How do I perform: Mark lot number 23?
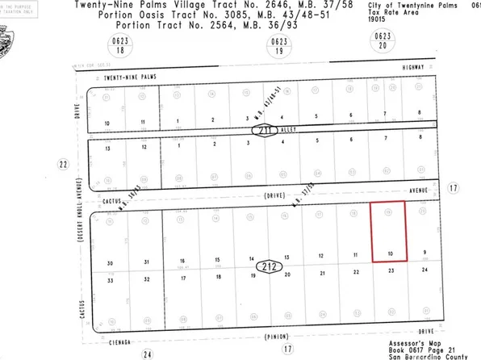click(x=391, y=272)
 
